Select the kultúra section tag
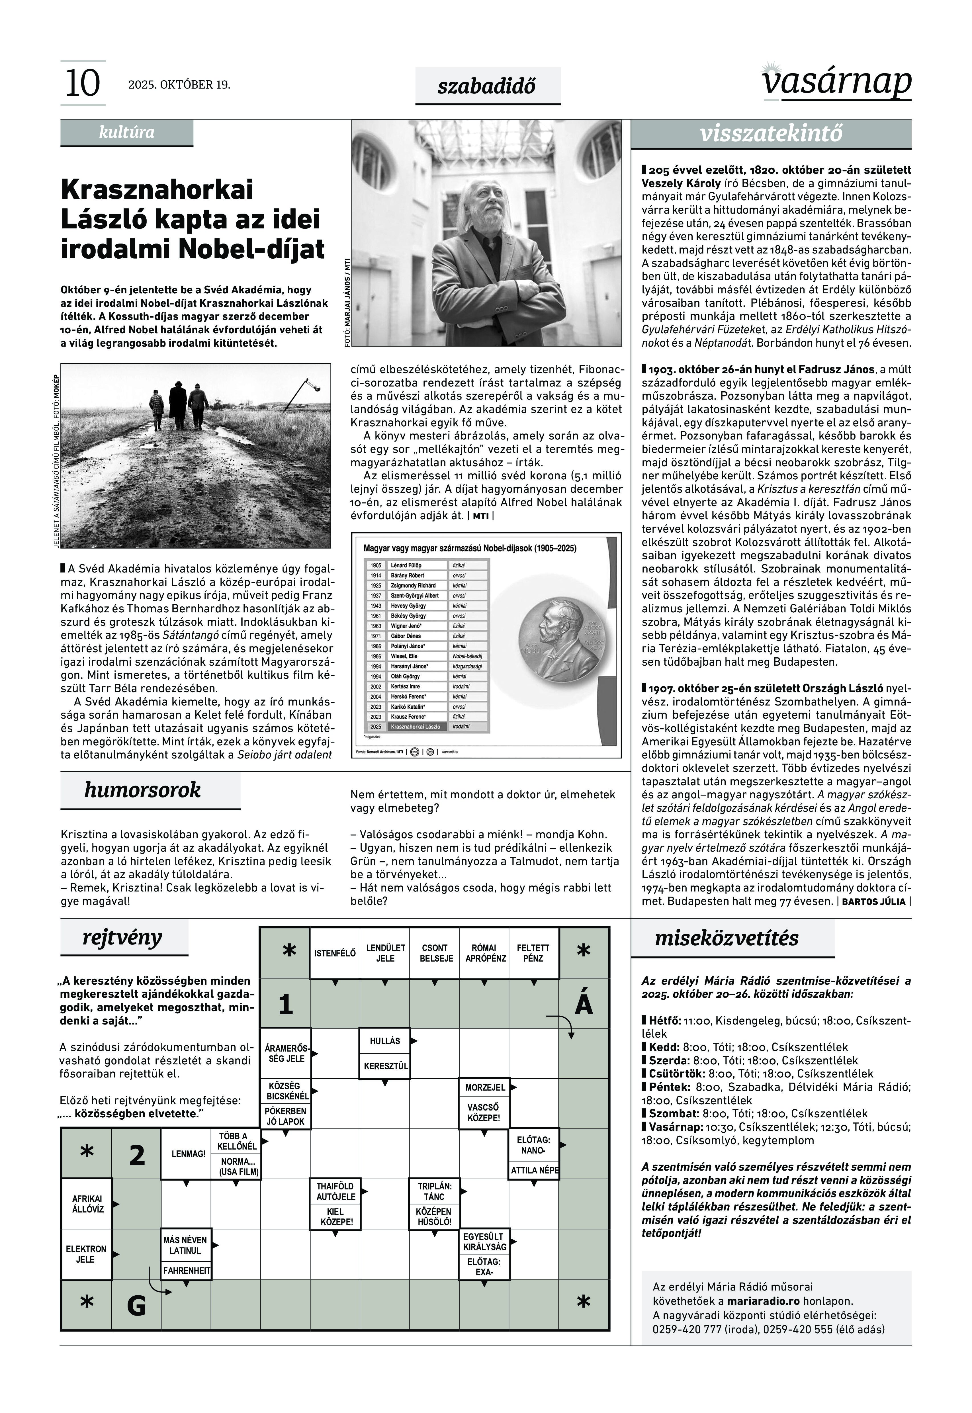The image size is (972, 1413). [127, 132]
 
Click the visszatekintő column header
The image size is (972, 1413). [771, 133]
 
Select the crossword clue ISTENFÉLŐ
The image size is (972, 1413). [334, 953]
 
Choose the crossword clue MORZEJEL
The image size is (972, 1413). [485, 1087]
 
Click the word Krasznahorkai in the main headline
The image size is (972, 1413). [157, 189]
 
